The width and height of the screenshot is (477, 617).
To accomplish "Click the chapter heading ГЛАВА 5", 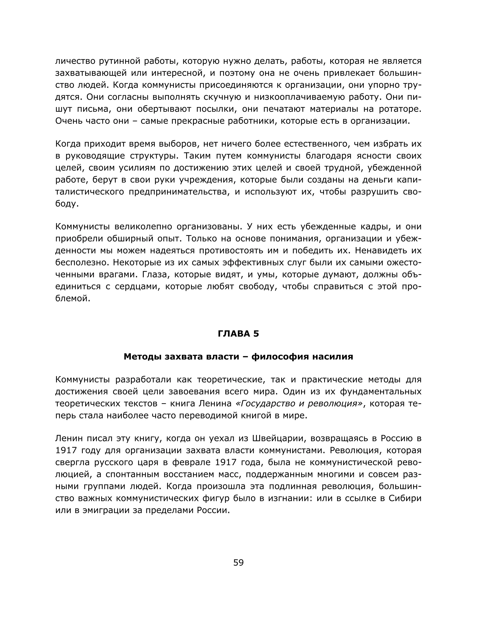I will (x=238, y=334).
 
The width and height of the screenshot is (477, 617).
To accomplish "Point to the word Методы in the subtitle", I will (x=142, y=357).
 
